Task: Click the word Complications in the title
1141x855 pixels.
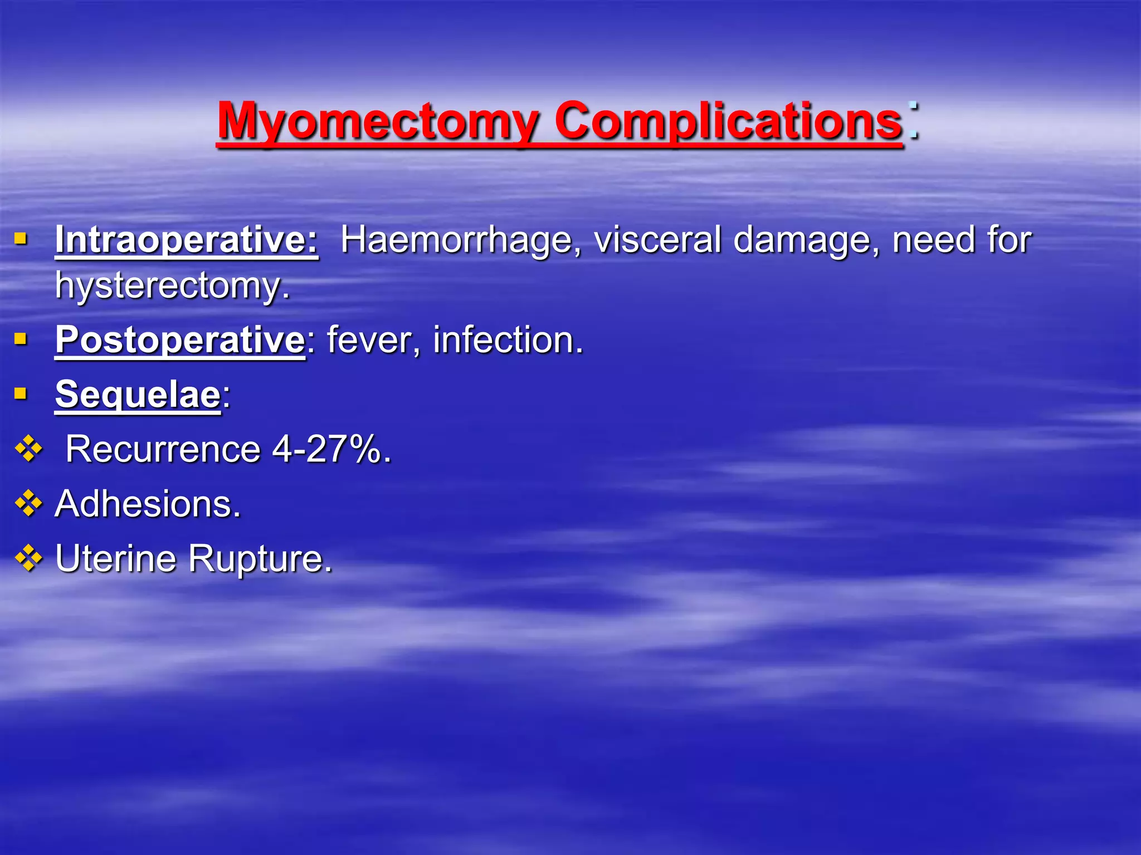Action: (x=728, y=121)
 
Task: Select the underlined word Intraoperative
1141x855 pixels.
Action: (x=186, y=240)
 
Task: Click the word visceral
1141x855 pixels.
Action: (x=657, y=240)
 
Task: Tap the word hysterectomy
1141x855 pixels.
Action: (x=172, y=286)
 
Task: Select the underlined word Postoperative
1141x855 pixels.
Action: (x=179, y=340)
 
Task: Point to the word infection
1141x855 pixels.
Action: (x=507, y=340)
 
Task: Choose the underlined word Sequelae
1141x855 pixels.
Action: (x=138, y=394)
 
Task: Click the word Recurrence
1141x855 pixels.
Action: (x=163, y=449)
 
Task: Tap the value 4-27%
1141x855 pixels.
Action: (x=331, y=449)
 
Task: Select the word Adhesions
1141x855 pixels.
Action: (x=148, y=504)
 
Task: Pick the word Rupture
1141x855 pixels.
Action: (x=260, y=558)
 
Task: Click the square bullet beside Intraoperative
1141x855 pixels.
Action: (x=21, y=239)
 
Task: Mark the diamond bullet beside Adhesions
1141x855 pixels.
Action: (x=28, y=504)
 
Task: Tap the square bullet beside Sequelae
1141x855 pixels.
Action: (x=21, y=394)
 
